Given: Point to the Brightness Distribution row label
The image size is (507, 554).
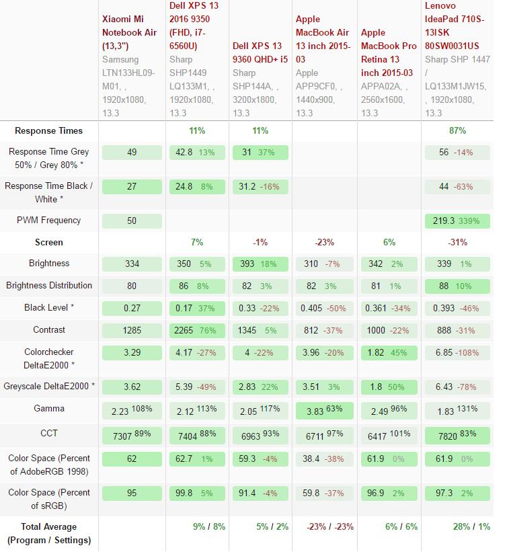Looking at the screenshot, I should [x=49, y=286].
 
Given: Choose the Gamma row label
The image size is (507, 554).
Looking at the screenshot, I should [x=48, y=409].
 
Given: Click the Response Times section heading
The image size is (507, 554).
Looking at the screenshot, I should [x=48, y=131].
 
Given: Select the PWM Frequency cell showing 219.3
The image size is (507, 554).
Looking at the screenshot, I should [x=457, y=221].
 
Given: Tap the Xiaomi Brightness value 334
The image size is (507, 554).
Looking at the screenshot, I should [x=132, y=264].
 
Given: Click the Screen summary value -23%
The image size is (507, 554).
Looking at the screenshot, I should [x=325, y=242].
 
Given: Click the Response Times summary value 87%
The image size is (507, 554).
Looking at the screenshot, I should [x=457, y=131].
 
